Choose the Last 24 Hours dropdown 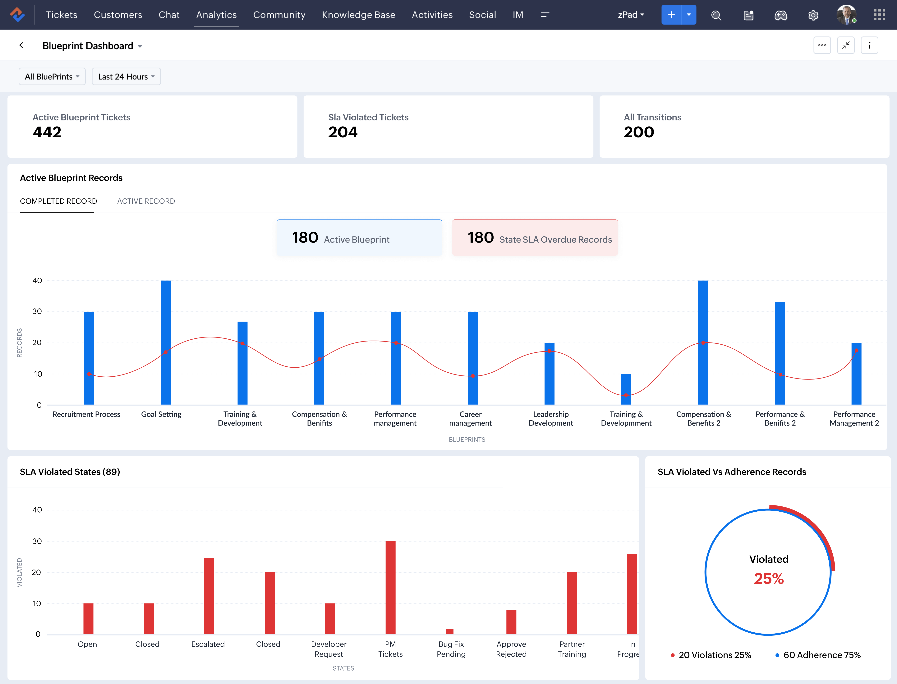[x=126, y=77]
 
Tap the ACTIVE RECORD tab [x=146, y=201]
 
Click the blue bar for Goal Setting [x=166, y=342]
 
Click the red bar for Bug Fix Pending [x=450, y=631]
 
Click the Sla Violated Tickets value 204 [x=343, y=132]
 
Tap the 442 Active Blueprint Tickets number [x=47, y=132]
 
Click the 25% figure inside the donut [x=768, y=579]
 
